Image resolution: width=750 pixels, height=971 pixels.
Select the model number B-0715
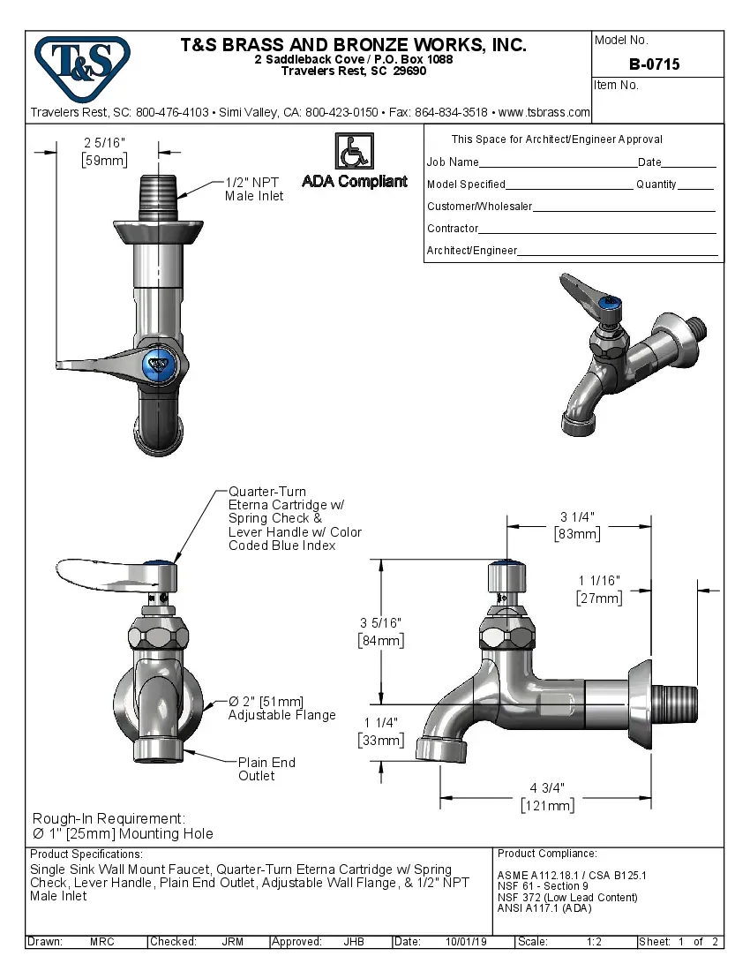pos(654,64)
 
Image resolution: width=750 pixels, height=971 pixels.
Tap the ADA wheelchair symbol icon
pos(354,151)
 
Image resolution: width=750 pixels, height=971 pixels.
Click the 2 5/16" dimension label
pos(105,143)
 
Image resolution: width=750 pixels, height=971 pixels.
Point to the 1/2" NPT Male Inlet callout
pos(254,189)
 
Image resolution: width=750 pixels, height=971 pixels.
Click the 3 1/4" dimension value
pos(577,517)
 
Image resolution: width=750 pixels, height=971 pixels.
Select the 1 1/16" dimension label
pos(599,581)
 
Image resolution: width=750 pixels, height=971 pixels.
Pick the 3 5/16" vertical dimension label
pos(380,623)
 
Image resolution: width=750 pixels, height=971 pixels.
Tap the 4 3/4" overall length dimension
pos(547,787)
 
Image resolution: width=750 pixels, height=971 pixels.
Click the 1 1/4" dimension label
pos(380,723)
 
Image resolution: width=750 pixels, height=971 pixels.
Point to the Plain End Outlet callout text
pos(266,769)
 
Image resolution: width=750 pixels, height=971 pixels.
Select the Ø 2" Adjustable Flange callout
pos(281,708)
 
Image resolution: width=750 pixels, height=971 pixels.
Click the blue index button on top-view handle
pos(160,362)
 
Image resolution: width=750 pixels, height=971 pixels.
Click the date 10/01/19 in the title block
pos(466,942)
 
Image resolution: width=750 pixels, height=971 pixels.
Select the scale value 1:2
pos(594,942)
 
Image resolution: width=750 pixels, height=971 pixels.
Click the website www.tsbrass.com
pos(544,112)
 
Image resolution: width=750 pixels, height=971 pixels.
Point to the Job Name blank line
pos(558,163)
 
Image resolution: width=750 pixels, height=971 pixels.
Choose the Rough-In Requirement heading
pos(109,818)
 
